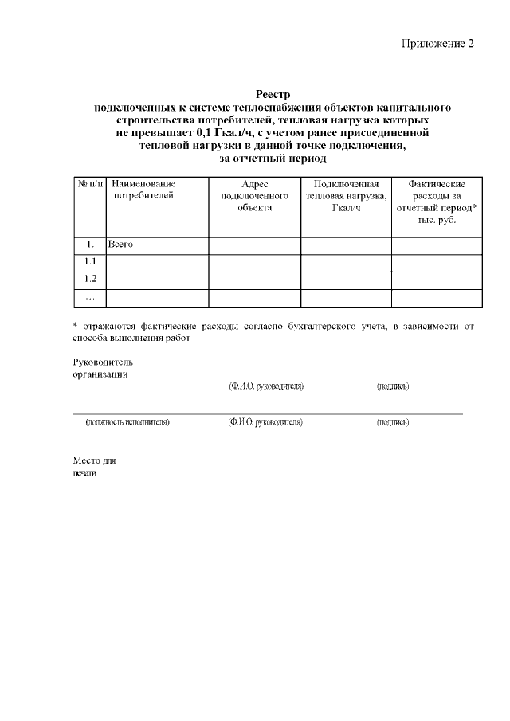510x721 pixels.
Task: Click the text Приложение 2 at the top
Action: coord(437,43)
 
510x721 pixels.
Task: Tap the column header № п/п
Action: coord(90,184)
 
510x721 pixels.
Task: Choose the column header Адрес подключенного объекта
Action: coord(254,195)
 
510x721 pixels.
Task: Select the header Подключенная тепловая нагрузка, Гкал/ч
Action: coord(346,195)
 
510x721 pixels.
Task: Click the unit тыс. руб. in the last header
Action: coord(437,219)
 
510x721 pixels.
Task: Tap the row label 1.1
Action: coord(90,262)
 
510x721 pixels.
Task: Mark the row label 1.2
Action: coord(90,280)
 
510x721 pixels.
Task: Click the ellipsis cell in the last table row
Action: coord(90,297)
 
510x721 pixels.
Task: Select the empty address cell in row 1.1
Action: coord(254,262)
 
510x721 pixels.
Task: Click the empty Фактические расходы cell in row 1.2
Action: coord(437,280)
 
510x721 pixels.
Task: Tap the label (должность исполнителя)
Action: coord(127,421)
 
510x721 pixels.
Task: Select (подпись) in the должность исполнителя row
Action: coord(393,421)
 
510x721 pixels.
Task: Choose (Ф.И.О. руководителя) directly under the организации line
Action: coord(265,386)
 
